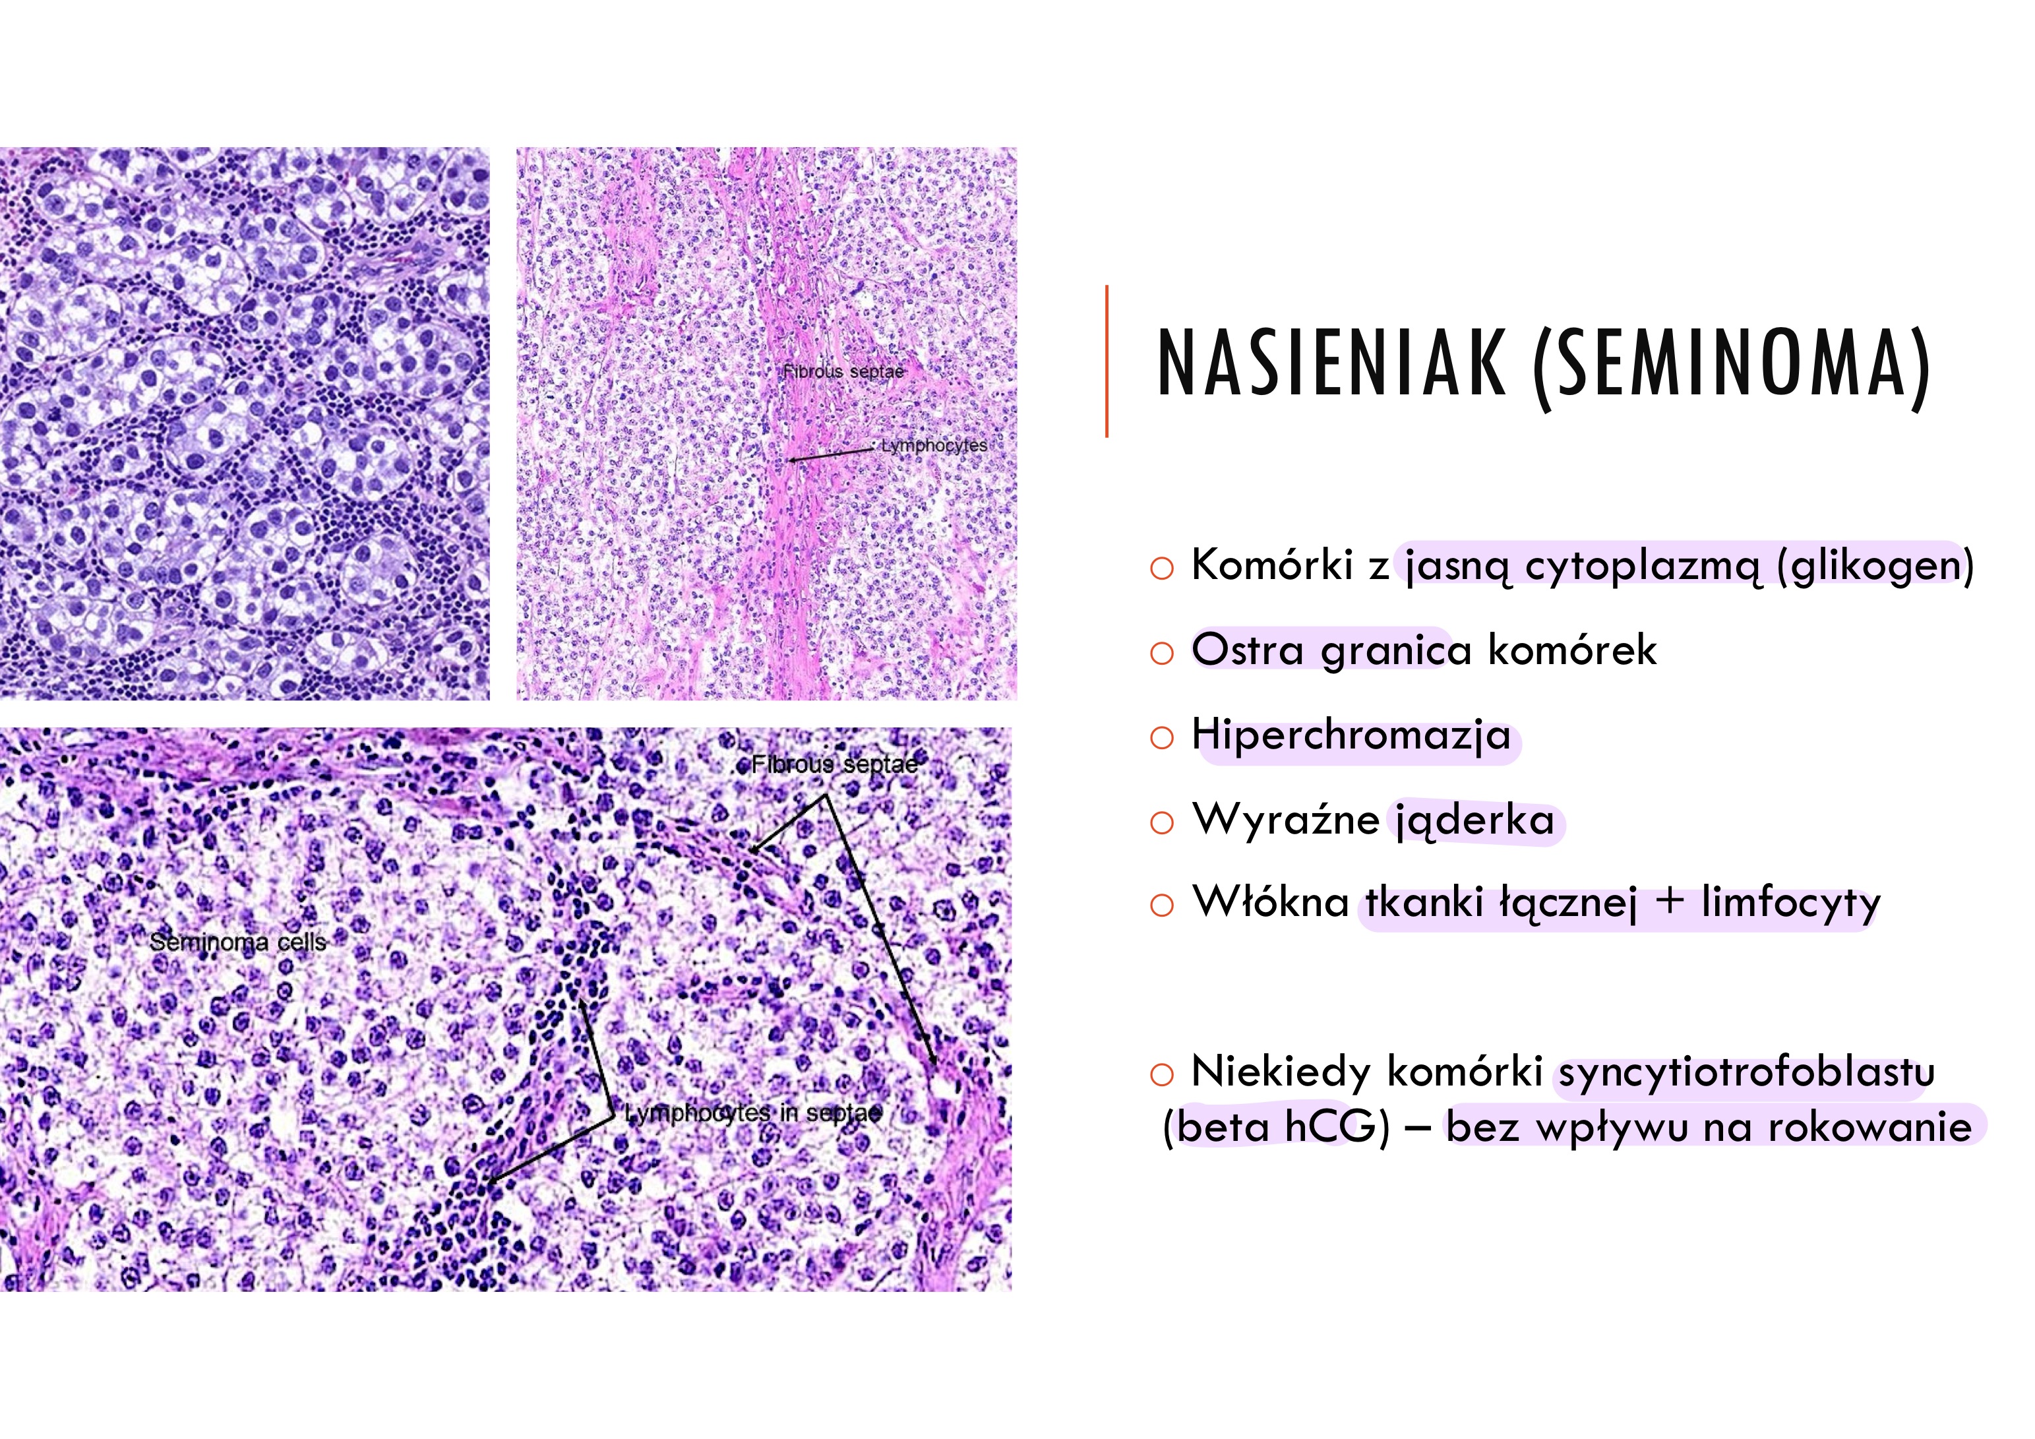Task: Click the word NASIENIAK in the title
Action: (x=1332, y=363)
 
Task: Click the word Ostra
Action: (x=1247, y=649)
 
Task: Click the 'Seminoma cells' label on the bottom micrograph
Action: (x=237, y=942)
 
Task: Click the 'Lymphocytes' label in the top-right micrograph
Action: (x=933, y=445)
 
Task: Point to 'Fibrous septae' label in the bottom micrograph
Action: (x=834, y=764)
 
